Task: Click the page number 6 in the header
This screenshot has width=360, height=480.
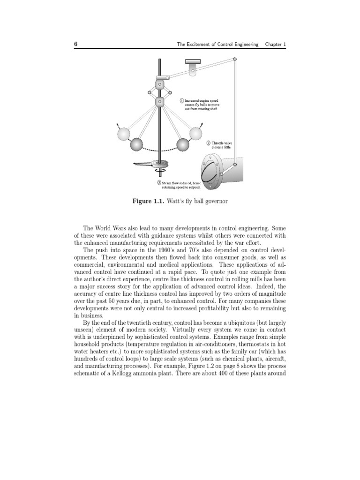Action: (75, 44)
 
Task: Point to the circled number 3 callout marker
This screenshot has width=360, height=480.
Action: (159, 182)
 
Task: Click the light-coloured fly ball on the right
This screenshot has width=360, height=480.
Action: (195, 134)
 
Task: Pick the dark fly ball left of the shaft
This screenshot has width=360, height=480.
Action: (137, 144)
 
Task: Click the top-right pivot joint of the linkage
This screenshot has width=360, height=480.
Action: (234, 59)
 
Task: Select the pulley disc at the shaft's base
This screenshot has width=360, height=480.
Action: (159, 164)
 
